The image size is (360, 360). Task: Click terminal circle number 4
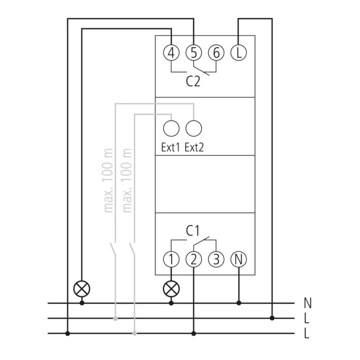pyautogui.click(x=171, y=53)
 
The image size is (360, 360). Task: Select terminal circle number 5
pyautogui.click(x=193, y=53)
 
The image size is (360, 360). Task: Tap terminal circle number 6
pyautogui.click(x=216, y=53)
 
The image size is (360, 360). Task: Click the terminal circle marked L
pyautogui.click(x=239, y=53)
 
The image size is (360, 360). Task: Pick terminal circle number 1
pyautogui.click(x=171, y=259)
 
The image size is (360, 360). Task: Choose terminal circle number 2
pyautogui.click(x=193, y=259)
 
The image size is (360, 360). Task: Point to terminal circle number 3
pyautogui.click(x=216, y=259)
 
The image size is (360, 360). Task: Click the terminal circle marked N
pyautogui.click(x=239, y=259)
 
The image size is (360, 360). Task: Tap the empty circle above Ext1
pyautogui.click(x=171, y=129)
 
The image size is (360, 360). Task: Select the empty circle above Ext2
pyautogui.click(x=193, y=129)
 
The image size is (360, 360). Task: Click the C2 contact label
pyautogui.click(x=193, y=81)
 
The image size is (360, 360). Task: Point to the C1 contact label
pyautogui.click(x=193, y=231)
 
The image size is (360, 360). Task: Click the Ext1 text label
pyautogui.click(x=170, y=147)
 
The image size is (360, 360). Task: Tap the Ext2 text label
pyautogui.click(x=194, y=147)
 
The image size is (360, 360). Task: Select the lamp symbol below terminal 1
pyautogui.click(x=171, y=289)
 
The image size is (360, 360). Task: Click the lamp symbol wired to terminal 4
pyautogui.click(x=82, y=289)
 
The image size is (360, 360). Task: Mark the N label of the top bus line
pyautogui.click(x=308, y=303)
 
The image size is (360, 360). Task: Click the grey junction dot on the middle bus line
pyautogui.click(x=116, y=318)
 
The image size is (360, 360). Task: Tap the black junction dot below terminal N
pyautogui.click(x=239, y=303)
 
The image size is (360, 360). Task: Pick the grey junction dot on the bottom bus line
pyautogui.click(x=135, y=333)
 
